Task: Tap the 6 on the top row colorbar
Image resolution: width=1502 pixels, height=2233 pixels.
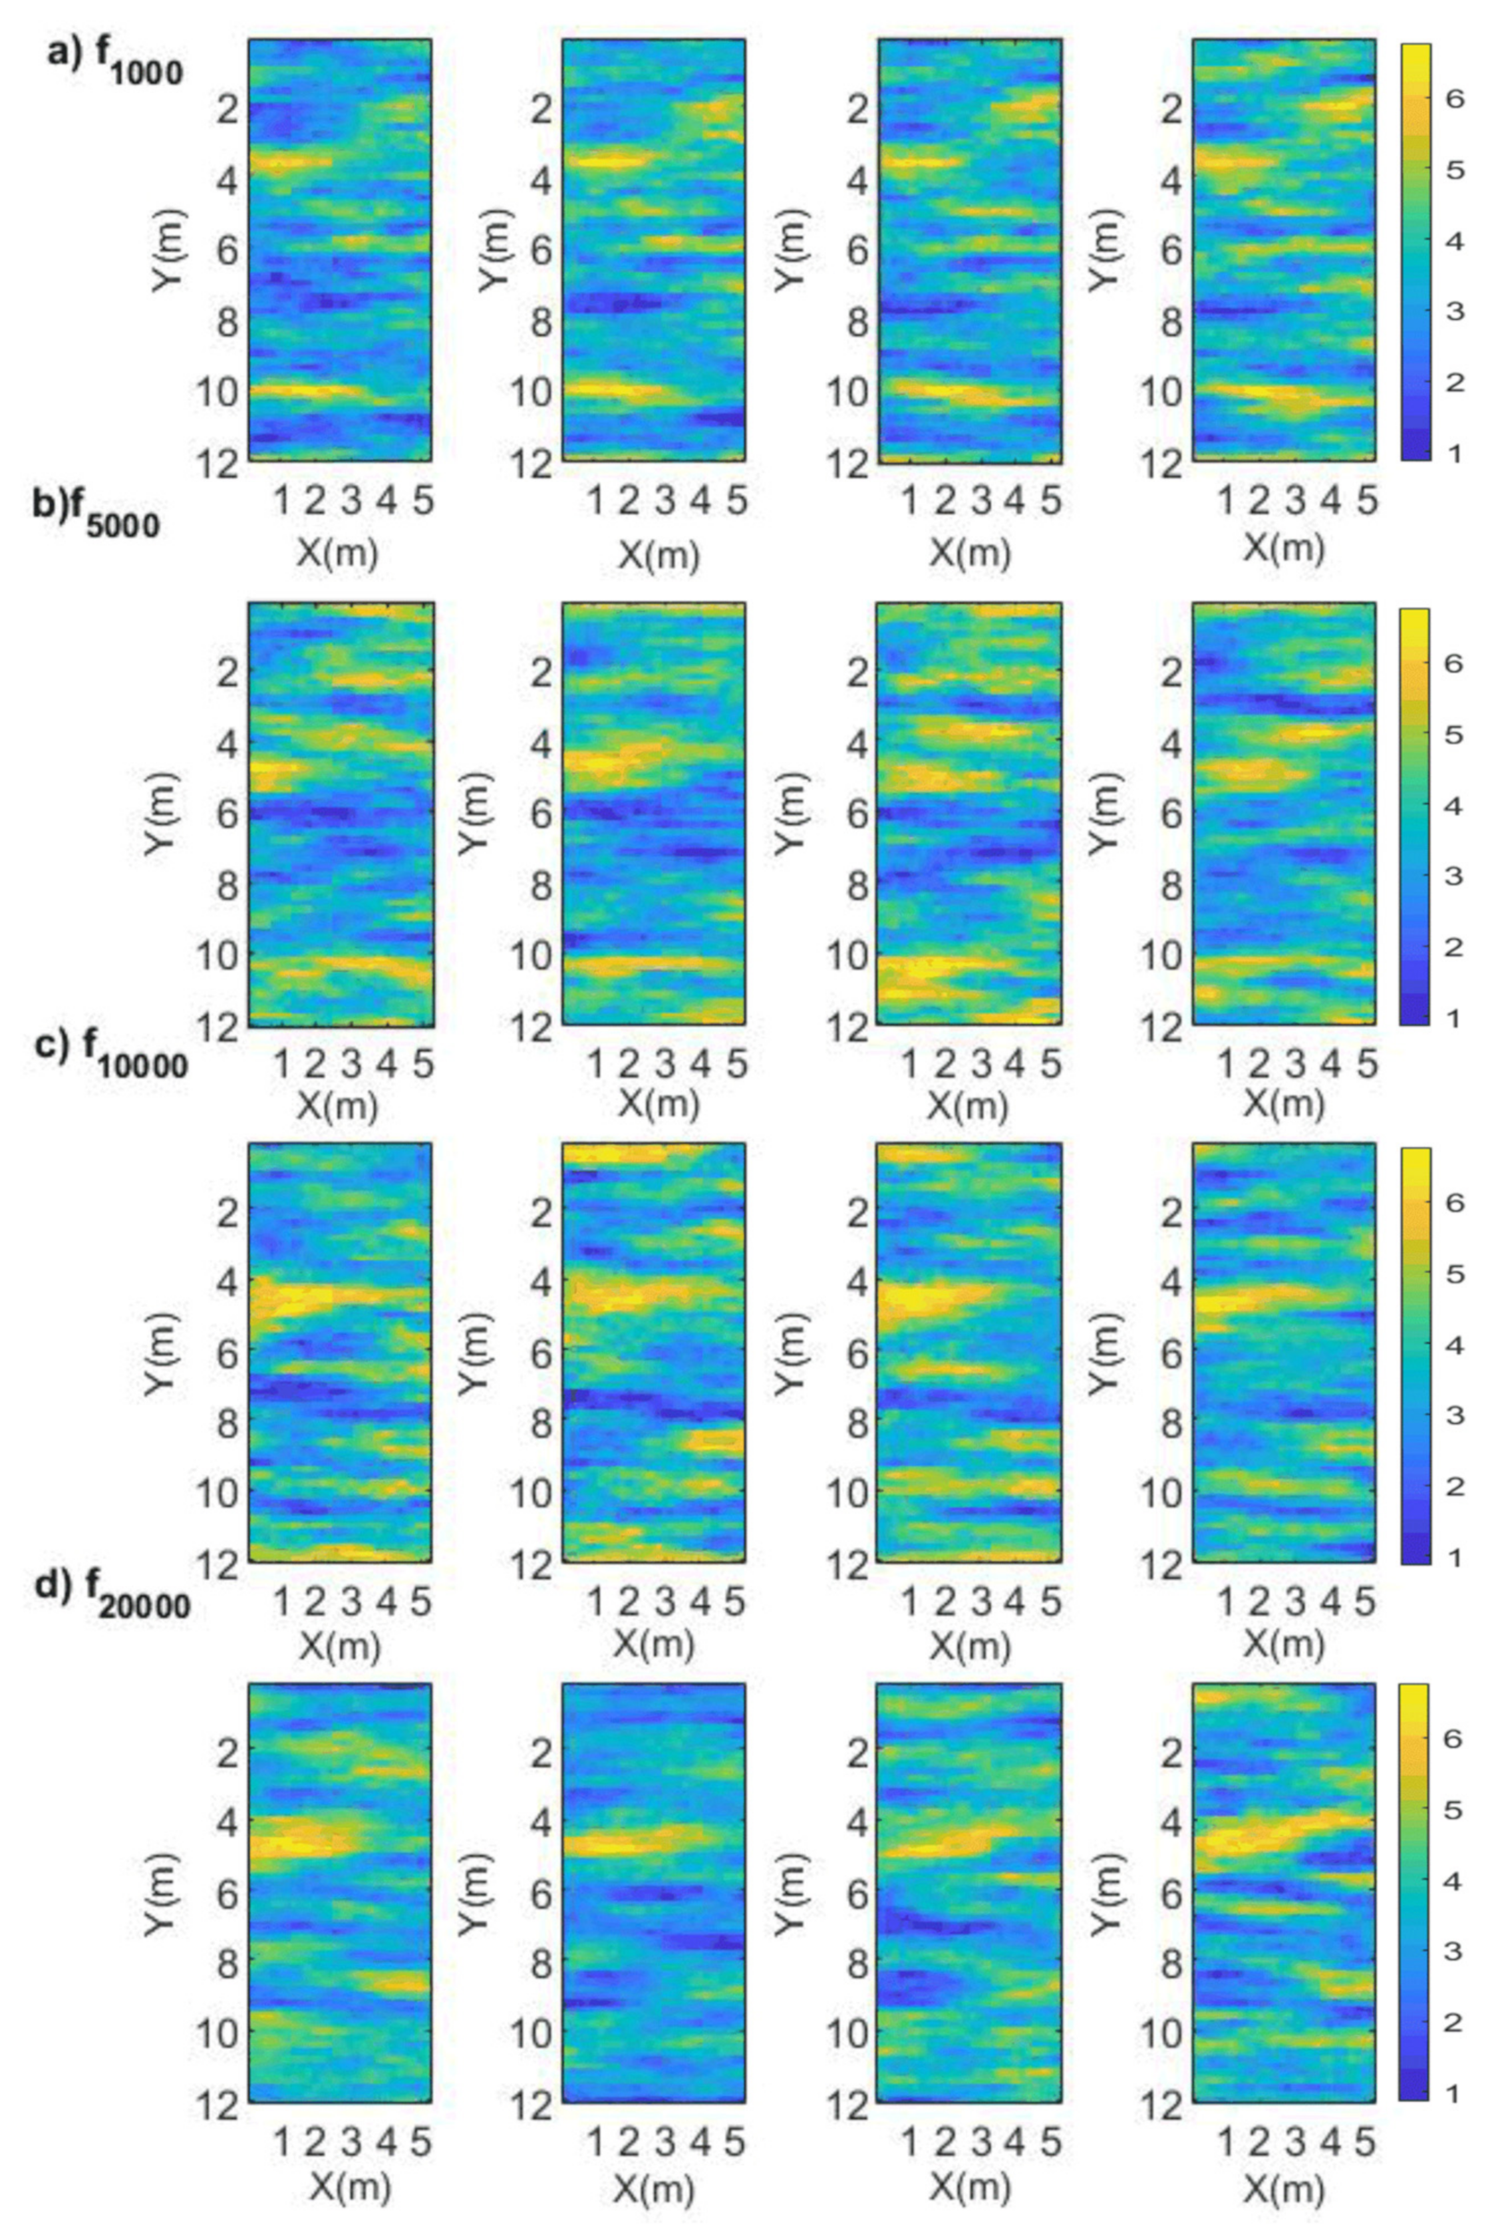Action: (1454, 100)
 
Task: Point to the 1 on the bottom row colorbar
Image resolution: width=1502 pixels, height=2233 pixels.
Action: (1454, 2094)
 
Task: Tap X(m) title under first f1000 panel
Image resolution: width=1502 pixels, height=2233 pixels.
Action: (337, 553)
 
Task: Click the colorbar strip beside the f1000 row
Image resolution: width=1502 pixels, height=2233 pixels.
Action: (1415, 251)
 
